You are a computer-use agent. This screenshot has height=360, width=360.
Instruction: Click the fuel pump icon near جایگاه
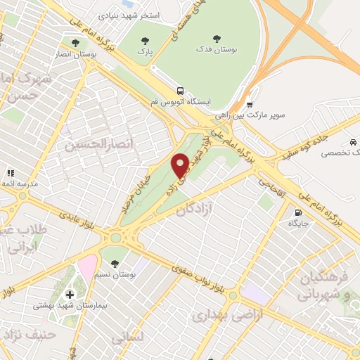298,212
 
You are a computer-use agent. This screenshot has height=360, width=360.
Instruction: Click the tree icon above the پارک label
145,41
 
